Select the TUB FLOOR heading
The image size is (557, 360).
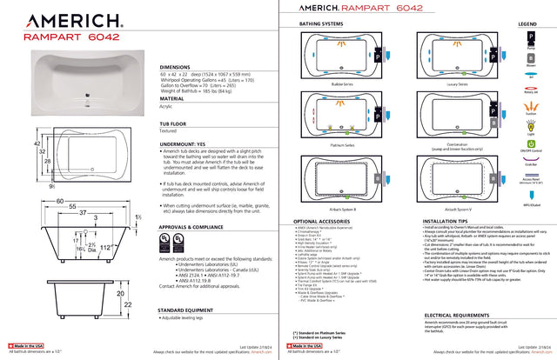pyautogui.click(x=176, y=124)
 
